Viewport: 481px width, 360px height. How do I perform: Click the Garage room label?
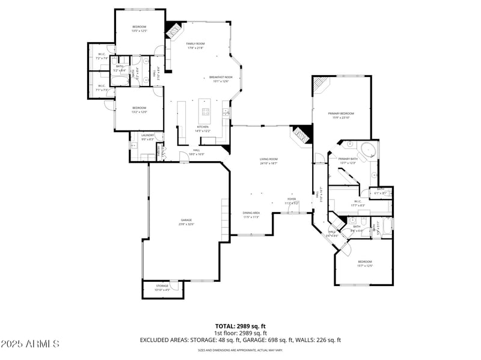[x=186, y=220]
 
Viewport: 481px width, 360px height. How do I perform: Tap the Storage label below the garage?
[x=162, y=286]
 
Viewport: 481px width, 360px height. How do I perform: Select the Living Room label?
[x=268, y=159]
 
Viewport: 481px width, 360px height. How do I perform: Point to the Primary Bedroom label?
[x=341, y=114]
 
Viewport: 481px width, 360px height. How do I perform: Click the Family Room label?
[x=195, y=44]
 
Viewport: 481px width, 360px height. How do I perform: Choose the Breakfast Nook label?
[x=221, y=78]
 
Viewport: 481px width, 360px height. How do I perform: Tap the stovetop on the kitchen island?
[x=206, y=111]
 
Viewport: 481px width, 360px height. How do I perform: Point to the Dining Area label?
[x=251, y=213]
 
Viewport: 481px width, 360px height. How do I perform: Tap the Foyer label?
[x=291, y=199]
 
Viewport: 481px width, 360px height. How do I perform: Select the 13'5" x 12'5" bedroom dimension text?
[x=139, y=31]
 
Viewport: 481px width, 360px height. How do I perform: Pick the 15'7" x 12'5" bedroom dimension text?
[x=365, y=265]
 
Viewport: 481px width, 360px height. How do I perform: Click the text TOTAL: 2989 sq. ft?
[x=240, y=326]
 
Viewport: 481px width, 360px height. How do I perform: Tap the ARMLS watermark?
[x=30, y=344]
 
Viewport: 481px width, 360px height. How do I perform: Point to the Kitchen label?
[x=203, y=127]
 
